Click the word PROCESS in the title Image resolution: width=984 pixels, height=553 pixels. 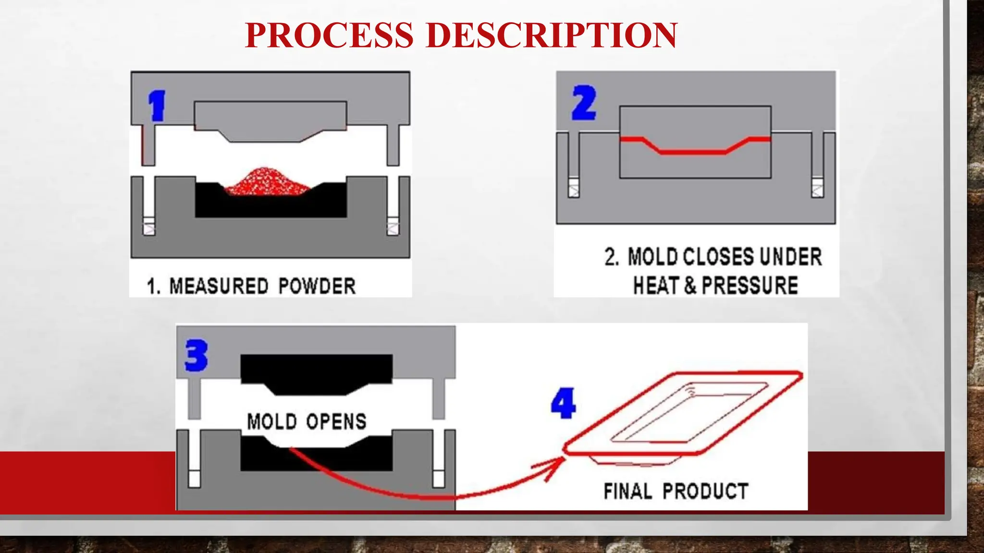point(329,35)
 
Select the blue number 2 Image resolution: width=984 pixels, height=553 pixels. point(584,103)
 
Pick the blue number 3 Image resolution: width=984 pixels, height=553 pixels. point(197,355)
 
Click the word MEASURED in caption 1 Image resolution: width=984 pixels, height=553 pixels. point(219,286)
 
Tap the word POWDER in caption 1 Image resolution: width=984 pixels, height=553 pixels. point(317,286)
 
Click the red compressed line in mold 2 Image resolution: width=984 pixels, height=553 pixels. point(695,152)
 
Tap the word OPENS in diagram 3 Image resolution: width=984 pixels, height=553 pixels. point(336,421)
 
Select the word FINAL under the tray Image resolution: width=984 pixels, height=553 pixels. point(627,491)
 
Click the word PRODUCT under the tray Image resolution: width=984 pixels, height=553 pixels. point(705,491)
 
